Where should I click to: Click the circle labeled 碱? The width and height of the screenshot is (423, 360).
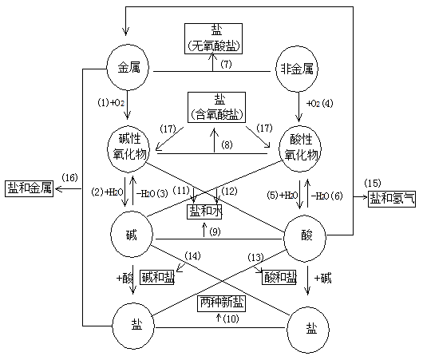pos(128,237)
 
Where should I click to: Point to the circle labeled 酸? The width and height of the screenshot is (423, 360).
pos(306,237)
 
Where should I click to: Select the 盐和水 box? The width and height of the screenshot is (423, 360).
pos(204,212)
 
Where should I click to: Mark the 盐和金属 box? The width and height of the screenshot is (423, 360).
pos(30,188)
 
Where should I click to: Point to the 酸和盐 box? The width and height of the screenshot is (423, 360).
pos(276,276)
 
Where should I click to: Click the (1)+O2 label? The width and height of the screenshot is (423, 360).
pos(111,103)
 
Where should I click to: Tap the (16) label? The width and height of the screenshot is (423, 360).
pos(69,177)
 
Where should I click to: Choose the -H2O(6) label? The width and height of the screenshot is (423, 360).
pos(326,196)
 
